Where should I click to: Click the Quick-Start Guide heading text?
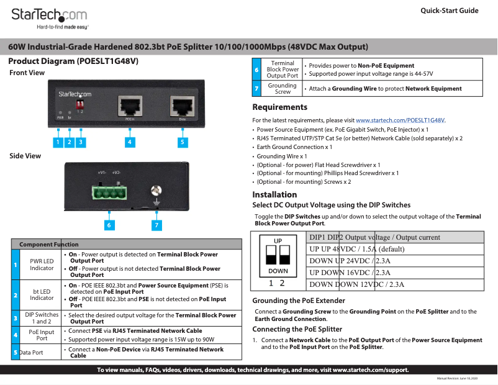click(x=449, y=11)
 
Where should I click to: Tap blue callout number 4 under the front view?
click(x=129, y=142)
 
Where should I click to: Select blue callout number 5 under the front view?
click(x=182, y=142)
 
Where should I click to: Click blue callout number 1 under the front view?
click(x=57, y=142)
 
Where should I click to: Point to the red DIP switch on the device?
click(x=79, y=102)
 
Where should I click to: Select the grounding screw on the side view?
click(x=156, y=192)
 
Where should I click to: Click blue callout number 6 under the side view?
click(x=109, y=224)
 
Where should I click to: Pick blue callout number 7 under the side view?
click(x=156, y=224)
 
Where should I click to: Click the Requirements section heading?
click(x=281, y=107)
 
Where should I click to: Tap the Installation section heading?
click(x=274, y=194)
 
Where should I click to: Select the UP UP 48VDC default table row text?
click(x=356, y=249)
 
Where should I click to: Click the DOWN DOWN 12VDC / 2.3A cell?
click(x=356, y=284)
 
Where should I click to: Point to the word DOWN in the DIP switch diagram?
click(x=278, y=271)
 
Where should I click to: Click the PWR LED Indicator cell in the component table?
click(x=42, y=265)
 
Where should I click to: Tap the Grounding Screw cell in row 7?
click(x=283, y=89)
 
